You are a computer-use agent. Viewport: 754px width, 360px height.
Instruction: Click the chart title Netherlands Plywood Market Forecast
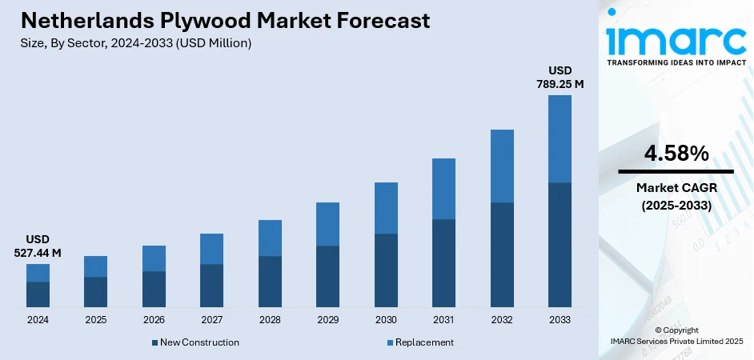click(x=225, y=21)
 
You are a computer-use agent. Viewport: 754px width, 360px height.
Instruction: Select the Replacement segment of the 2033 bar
click(x=559, y=138)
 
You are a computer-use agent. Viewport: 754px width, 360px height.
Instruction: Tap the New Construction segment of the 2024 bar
click(x=38, y=294)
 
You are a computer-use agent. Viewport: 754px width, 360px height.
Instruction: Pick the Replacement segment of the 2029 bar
click(x=327, y=224)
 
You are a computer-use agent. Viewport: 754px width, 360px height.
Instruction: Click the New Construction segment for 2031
click(x=443, y=263)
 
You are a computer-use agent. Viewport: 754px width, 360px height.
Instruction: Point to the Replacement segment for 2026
click(x=154, y=258)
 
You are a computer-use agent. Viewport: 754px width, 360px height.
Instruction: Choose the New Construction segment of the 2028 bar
click(x=270, y=282)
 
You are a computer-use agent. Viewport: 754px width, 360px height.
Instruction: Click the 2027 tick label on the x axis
click(x=211, y=320)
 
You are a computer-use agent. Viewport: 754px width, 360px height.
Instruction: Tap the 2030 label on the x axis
click(x=386, y=320)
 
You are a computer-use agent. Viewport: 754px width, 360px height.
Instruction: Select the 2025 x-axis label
click(x=95, y=320)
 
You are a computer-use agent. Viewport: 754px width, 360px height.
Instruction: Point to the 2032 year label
click(x=502, y=320)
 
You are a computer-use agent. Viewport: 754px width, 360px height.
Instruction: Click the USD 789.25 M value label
click(x=559, y=77)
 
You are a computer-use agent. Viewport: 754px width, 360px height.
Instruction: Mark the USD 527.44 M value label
click(x=38, y=246)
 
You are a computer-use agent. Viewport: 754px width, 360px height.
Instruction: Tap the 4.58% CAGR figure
click(x=676, y=154)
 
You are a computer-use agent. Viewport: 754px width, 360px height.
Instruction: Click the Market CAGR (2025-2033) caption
click(x=676, y=196)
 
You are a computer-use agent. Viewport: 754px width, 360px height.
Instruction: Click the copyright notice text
click(x=676, y=335)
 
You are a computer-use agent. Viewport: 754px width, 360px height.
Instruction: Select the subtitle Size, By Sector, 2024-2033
click(x=136, y=44)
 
